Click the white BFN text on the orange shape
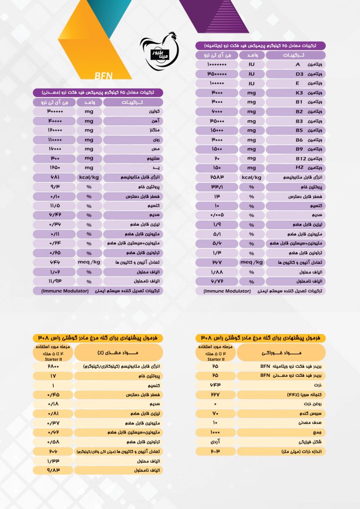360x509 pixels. coord(104,76)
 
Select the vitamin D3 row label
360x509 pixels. coord(295,74)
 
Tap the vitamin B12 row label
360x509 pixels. coord(295,158)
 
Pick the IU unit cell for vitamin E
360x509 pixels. coord(252,84)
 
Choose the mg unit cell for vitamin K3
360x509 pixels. coord(252,93)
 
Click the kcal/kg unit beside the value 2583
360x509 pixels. coord(252,177)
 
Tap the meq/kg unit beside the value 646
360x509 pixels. coord(90,262)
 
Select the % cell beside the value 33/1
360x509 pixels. coord(252,187)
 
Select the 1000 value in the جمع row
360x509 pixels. coord(215,432)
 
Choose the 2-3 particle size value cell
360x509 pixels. coord(215,451)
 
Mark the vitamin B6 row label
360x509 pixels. coord(295,140)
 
